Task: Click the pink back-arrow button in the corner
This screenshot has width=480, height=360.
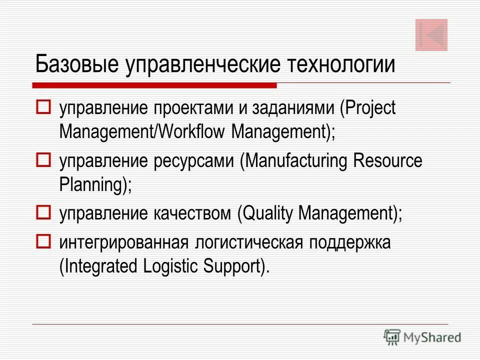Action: tap(431, 35)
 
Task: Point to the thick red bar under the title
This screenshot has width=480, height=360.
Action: tap(155, 85)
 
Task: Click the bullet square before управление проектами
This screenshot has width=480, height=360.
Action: tap(43, 107)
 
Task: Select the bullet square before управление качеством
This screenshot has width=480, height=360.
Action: tap(43, 213)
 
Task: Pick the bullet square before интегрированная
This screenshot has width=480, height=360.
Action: tap(43, 242)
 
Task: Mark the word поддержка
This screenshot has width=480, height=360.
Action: tap(349, 243)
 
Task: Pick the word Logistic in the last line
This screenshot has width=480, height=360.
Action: tap(168, 266)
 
